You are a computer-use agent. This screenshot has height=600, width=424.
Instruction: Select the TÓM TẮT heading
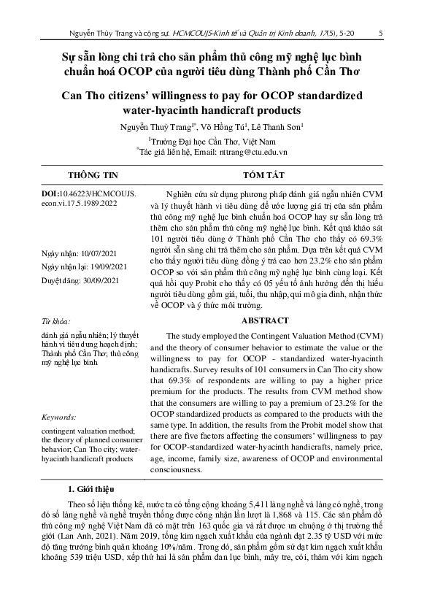(261, 175)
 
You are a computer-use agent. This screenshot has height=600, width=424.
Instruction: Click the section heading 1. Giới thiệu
(95, 488)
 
